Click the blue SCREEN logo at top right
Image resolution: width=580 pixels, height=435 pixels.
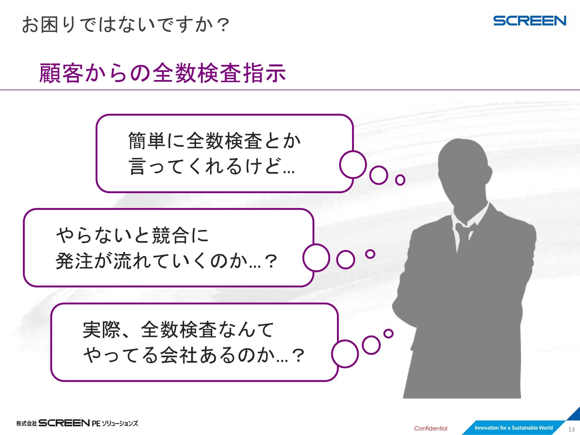point(530,21)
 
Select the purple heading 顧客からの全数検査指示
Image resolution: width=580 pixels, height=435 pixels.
point(163,73)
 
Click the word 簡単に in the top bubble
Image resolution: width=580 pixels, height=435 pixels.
point(157,141)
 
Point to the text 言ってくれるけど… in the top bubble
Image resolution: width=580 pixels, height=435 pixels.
point(212,166)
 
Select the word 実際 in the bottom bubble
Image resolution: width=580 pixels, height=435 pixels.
point(102,329)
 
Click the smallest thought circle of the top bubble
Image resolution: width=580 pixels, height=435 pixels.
point(400,180)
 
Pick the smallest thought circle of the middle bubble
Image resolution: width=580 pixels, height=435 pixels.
point(370,254)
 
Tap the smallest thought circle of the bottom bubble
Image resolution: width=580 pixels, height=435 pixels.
point(388,333)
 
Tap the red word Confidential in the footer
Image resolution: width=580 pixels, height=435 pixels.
point(431,428)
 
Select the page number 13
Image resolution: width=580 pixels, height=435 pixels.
point(571,429)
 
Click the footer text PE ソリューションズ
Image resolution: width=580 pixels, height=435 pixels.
point(115,423)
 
